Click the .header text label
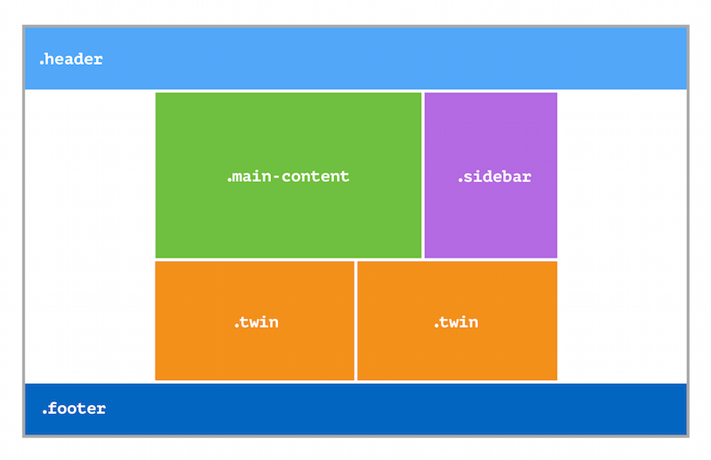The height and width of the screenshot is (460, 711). (71, 59)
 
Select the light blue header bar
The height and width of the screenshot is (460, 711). (356, 58)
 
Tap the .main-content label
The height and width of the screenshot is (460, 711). (288, 176)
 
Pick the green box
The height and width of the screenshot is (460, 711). (288, 176)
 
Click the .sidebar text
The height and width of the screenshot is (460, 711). (494, 177)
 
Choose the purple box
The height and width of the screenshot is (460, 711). (491, 176)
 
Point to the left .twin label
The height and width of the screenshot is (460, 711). (256, 321)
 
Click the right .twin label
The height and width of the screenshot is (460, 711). (456, 321)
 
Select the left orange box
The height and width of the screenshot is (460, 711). (254, 321)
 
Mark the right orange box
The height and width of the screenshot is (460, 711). (457, 321)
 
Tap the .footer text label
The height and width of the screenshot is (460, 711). (74, 408)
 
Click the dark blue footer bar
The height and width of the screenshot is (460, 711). (356, 409)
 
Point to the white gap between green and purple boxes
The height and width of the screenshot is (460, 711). (423, 176)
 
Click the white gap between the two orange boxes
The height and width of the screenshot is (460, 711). (356, 321)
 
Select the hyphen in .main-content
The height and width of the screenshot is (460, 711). (276, 177)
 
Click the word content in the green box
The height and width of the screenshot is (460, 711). (316, 176)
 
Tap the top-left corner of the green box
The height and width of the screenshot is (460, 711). (156, 93)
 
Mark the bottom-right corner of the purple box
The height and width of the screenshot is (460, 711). (557, 258)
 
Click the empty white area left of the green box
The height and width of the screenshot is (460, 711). (91, 236)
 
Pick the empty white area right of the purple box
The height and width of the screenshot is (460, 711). (621, 236)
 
